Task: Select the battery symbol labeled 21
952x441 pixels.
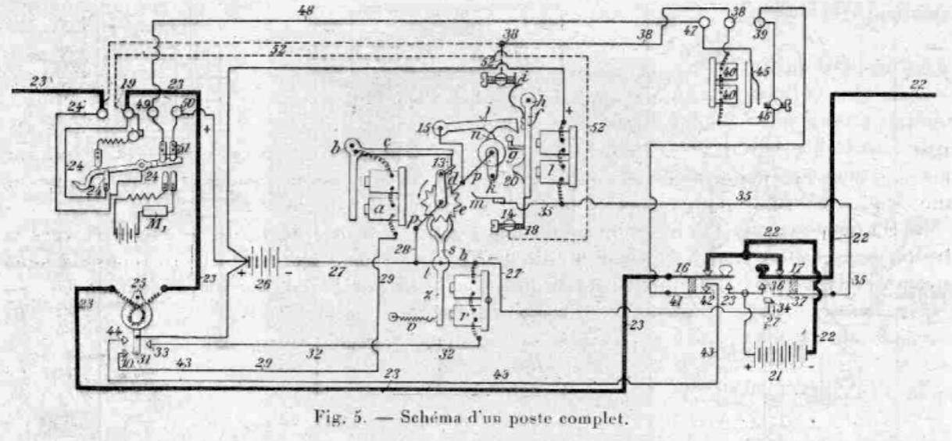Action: click(773, 359)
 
